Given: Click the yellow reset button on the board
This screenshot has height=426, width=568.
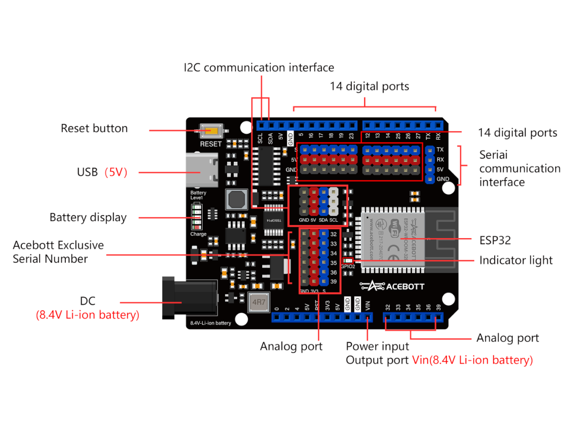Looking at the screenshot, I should click(x=211, y=131).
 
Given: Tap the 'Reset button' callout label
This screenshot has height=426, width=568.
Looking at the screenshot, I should click(x=94, y=128).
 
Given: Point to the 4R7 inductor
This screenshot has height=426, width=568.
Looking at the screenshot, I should click(x=258, y=302).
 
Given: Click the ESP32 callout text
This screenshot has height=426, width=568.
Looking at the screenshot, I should click(x=495, y=240).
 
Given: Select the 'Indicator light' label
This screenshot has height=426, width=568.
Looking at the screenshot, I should click(x=516, y=260).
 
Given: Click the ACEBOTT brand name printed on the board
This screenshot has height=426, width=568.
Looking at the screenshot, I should click(x=405, y=286).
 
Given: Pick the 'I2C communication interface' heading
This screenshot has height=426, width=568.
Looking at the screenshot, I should click(x=259, y=68).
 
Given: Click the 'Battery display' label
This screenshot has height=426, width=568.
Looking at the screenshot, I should click(x=88, y=218).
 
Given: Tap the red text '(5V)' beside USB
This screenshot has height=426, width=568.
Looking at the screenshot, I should click(x=116, y=172).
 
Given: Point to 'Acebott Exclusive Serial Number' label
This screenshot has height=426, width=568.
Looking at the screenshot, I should click(x=58, y=252).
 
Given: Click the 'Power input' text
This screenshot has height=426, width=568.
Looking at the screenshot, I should click(x=371, y=346).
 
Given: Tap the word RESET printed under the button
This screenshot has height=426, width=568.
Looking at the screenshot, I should click(x=211, y=144).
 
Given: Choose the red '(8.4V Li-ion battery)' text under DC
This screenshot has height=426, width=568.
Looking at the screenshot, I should click(x=88, y=315).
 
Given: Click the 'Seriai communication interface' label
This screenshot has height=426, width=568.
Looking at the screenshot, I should click(x=519, y=168).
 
